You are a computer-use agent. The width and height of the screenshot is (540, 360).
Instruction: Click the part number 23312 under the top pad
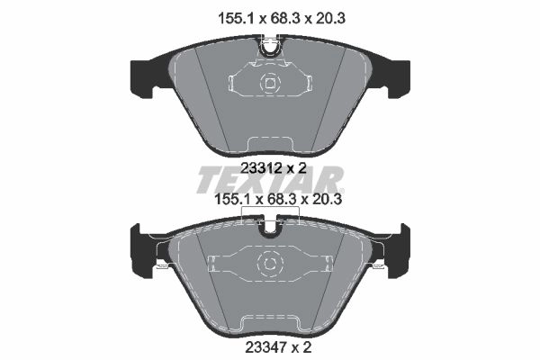tap(261, 168)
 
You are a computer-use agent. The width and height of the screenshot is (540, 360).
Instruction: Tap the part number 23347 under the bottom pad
tap(265, 346)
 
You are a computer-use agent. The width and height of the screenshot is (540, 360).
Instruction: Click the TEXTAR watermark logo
tap(270, 179)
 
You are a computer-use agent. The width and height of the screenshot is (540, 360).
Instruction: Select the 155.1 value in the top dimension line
tap(236, 18)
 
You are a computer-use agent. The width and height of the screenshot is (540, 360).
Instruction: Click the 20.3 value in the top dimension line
tap(330, 18)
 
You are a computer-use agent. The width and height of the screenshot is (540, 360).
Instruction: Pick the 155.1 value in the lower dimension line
tap(232, 199)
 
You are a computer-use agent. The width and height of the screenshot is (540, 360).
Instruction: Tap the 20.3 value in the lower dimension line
tap(327, 199)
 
